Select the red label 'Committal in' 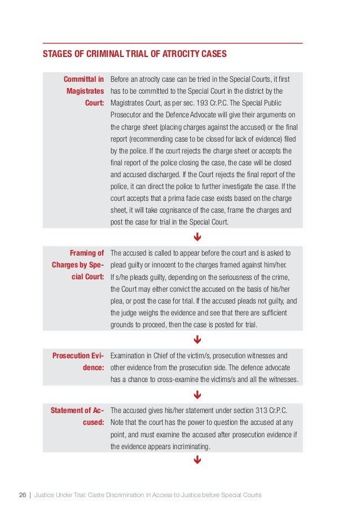pos(84,78)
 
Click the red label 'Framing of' pos(86,252)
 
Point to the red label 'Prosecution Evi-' pos(78,355)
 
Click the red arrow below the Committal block pos(197,236)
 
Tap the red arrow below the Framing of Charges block pos(197,340)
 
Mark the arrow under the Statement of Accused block pos(197,461)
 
